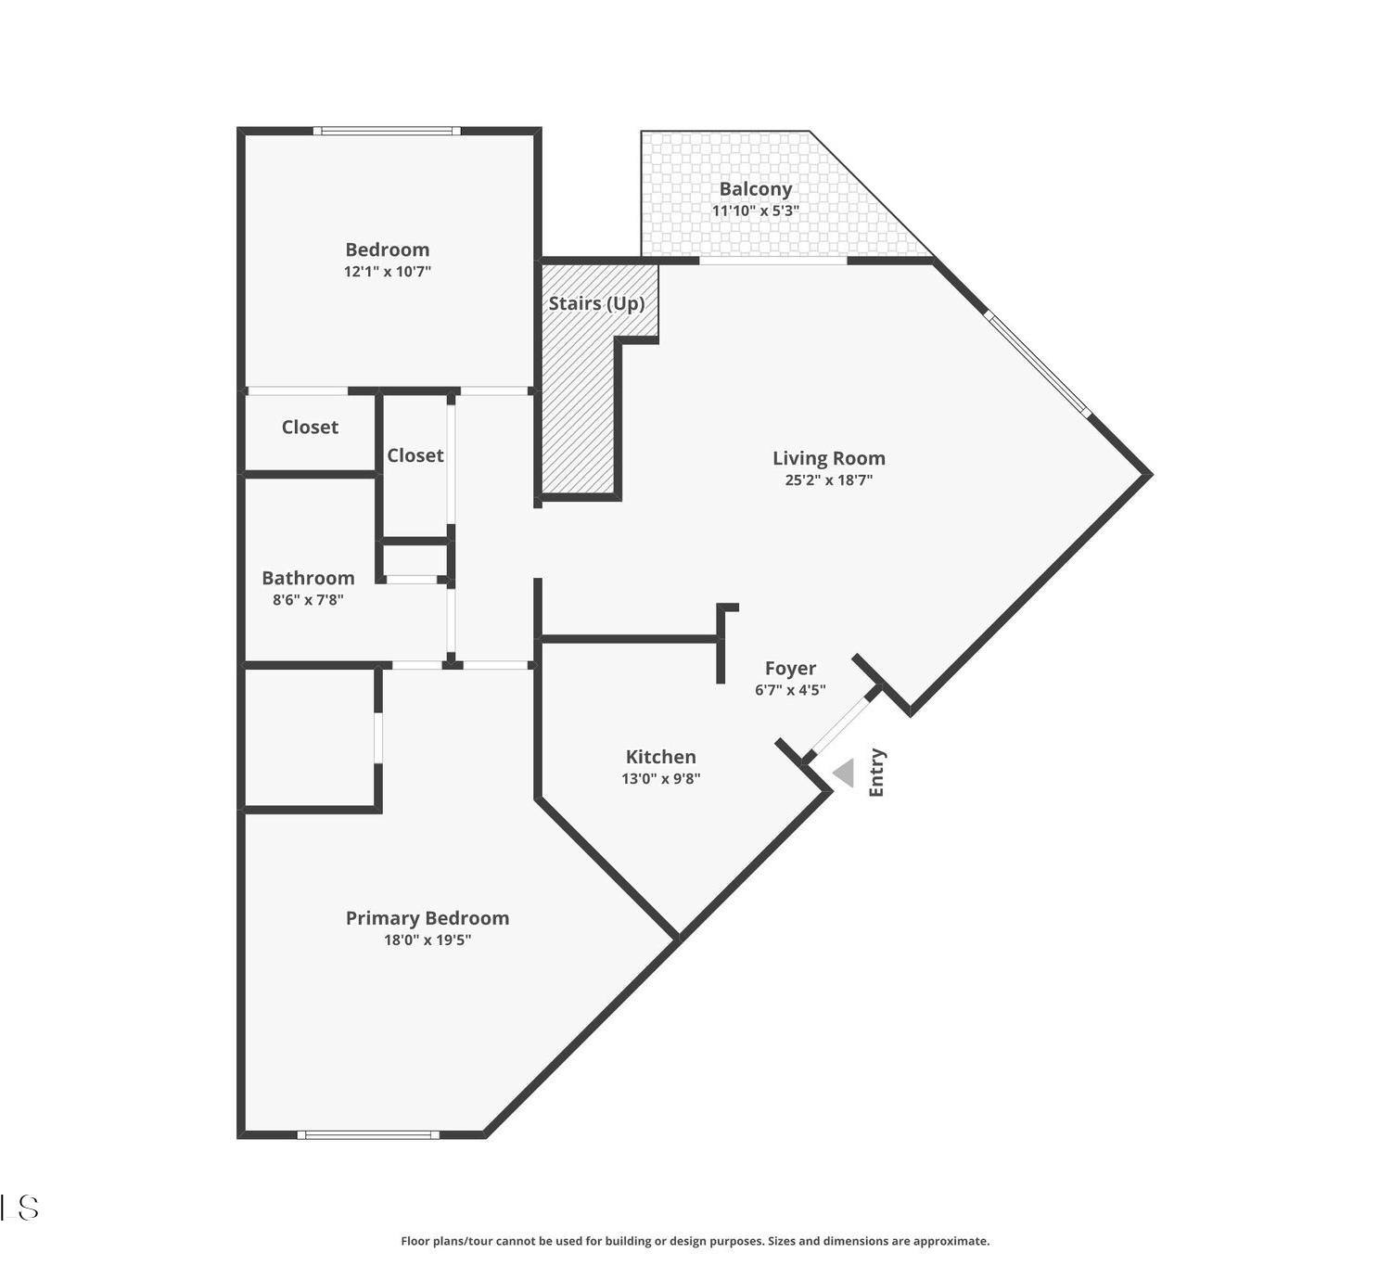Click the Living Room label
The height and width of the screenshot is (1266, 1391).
point(829,458)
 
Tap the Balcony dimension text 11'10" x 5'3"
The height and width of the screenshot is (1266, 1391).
point(755,211)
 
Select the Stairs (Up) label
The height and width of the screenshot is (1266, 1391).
point(596,303)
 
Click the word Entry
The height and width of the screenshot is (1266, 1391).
point(876,772)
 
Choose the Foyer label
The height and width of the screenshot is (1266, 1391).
point(790,668)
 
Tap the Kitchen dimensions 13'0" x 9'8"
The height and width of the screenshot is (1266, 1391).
point(661,778)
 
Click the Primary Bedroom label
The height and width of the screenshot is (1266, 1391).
point(428,918)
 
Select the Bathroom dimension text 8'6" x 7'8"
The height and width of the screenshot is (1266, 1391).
point(308,599)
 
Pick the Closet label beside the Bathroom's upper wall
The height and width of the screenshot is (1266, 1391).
point(310,427)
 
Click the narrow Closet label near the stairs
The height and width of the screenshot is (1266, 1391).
point(415,455)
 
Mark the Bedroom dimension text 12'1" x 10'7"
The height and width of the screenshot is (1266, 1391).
point(387,271)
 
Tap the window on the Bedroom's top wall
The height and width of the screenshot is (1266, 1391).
point(387,131)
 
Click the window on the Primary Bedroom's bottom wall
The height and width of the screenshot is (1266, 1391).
point(368,1135)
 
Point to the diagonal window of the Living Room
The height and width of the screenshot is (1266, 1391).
point(1038,364)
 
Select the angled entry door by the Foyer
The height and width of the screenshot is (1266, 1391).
point(840,725)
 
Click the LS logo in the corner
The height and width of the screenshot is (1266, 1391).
point(19,1208)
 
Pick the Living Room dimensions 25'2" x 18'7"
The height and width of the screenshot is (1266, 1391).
point(829,480)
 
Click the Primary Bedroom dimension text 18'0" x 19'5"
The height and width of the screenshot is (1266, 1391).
point(428,940)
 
